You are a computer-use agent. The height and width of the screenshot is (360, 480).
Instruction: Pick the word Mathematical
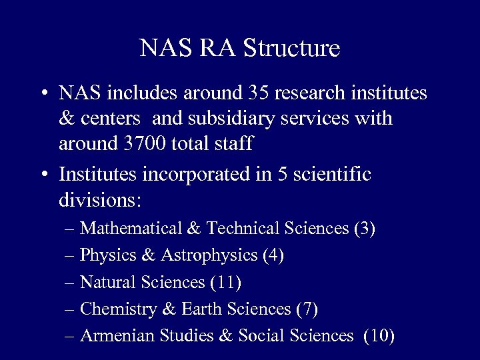click(x=131, y=229)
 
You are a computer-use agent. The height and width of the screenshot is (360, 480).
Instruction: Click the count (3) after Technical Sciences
click(x=365, y=229)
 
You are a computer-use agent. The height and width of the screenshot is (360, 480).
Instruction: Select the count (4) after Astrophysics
click(x=273, y=255)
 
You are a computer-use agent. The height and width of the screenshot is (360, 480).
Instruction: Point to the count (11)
click(x=225, y=282)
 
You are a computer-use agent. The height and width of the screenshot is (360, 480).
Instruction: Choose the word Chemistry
click(x=116, y=309)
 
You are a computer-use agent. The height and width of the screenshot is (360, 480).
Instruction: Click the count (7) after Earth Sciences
click(x=307, y=309)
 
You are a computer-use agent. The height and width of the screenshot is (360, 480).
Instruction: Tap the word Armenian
click(x=117, y=335)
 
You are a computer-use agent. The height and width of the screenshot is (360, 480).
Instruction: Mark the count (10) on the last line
click(x=379, y=335)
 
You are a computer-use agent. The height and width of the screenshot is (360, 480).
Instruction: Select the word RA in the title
click(x=219, y=48)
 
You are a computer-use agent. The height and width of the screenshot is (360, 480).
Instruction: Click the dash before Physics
click(x=71, y=256)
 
